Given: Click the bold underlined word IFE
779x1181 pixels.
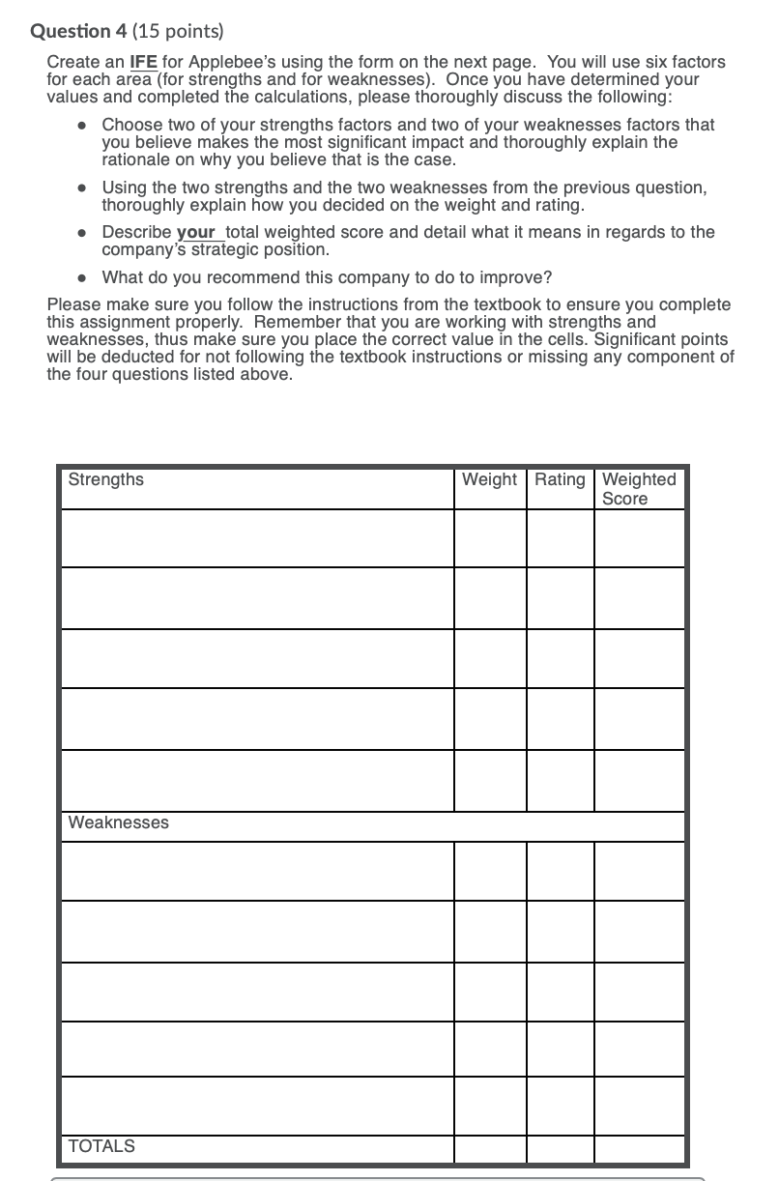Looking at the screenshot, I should pyautogui.click(x=144, y=62).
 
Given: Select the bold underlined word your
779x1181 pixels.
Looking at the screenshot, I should pyautogui.click(x=196, y=232).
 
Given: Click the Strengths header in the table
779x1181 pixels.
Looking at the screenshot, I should pyautogui.click(x=106, y=479).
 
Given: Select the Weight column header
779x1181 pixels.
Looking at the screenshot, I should pyautogui.click(x=489, y=479).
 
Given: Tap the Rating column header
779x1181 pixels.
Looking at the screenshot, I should pyautogui.click(x=560, y=479).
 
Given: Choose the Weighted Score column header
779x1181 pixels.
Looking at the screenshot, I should pyautogui.click(x=639, y=488).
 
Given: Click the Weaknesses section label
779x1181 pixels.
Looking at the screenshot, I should pyautogui.click(x=118, y=822).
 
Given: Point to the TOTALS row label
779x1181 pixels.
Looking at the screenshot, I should pyautogui.click(x=101, y=1146).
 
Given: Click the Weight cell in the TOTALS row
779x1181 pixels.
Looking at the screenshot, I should pyautogui.click(x=490, y=1148).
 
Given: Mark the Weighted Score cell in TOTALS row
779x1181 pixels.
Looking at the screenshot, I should pyautogui.click(x=639, y=1148).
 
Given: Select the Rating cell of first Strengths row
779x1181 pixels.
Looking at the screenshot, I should pyautogui.click(x=560, y=537).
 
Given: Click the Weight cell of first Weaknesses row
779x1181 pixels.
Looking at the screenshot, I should pyautogui.click(x=490, y=871).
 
